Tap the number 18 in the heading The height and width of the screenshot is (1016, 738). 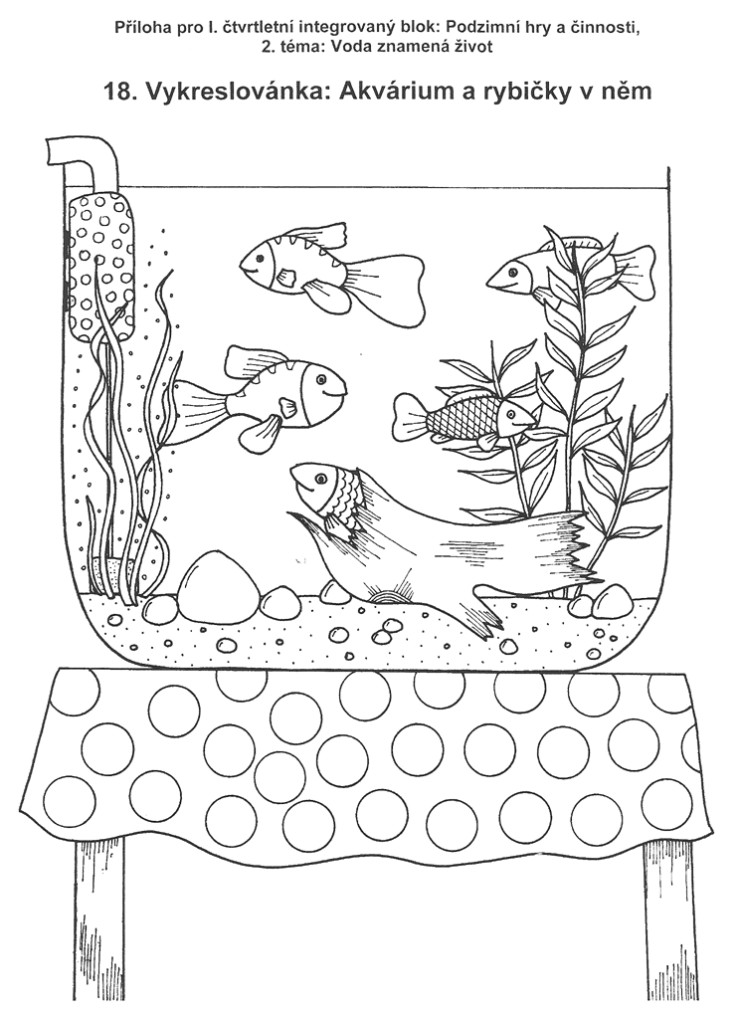pyautogui.click(x=119, y=92)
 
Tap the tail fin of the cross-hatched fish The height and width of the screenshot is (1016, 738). pyautogui.click(x=409, y=417)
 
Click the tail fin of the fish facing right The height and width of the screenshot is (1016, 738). pyautogui.click(x=199, y=411)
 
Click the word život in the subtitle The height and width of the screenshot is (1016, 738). pyautogui.click(x=475, y=48)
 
